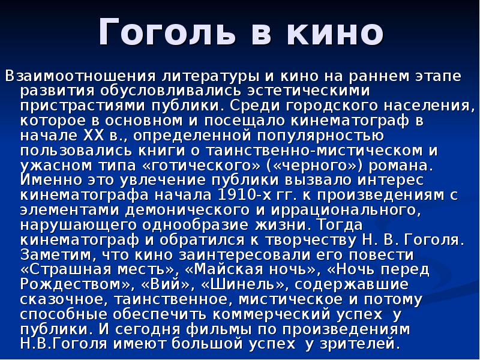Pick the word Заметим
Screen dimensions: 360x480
click(x=50, y=254)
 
